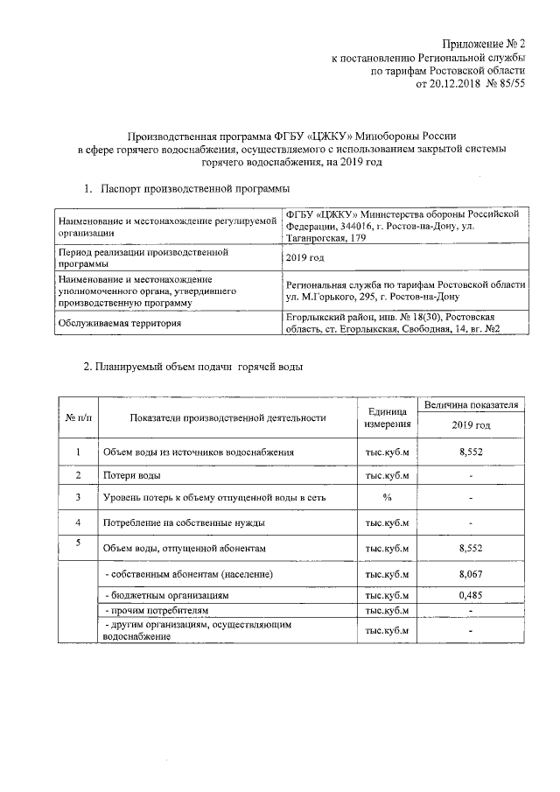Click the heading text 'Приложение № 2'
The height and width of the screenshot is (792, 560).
click(483, 45)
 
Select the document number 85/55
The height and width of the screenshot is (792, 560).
click(509, 85)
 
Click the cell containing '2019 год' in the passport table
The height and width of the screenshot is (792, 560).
click(304, 257)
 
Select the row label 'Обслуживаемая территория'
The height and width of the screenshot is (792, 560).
click(120, 324)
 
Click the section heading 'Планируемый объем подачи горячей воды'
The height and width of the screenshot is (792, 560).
click(199, 367)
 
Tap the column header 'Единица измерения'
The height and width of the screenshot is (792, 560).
click(387, 417)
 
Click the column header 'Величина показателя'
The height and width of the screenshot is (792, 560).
click(472, 405)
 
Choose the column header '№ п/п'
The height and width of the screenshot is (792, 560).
click(77, 417)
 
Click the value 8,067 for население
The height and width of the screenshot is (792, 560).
click(471, 574)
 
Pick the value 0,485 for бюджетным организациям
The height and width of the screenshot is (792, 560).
click(471, 594)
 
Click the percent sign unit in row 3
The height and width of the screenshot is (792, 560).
click(387, 498)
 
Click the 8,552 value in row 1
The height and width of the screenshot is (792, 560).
click(471, 452)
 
